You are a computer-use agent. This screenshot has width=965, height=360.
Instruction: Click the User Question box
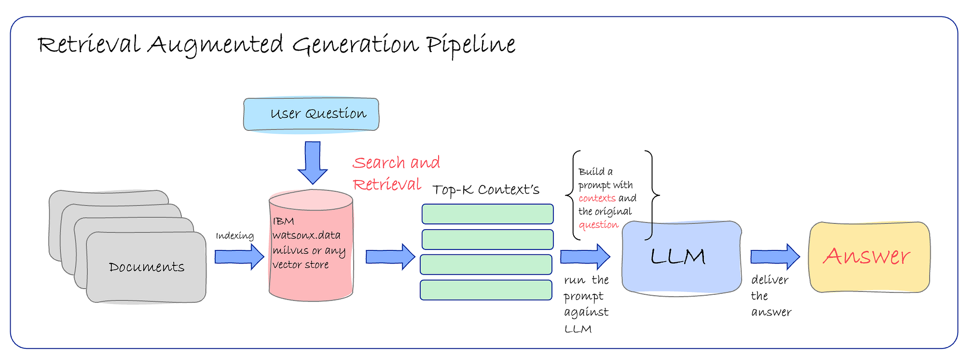(311, 114)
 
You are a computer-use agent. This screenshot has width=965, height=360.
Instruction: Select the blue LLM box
(681, 257)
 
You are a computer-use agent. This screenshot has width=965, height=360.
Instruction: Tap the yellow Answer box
(869, 257)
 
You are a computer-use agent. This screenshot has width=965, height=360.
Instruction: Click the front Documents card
(146, 267)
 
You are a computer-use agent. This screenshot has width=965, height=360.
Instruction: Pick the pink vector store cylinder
(311, 245)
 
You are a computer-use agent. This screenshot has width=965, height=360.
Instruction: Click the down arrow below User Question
(313, 163)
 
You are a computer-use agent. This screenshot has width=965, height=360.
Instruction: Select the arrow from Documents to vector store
(239, 257)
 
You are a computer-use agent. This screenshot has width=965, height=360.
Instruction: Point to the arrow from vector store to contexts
(390, 257)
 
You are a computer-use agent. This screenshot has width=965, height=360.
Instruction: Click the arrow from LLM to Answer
(775, 257)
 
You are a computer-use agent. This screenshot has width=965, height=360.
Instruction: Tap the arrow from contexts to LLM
(585, 257)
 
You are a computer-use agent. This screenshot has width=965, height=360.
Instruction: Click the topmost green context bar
(488, 214)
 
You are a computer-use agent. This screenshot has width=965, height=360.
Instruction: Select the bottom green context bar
(486, 290)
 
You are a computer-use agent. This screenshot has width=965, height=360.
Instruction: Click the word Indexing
(235, 235)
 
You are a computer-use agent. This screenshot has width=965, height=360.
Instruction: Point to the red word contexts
(597, 198)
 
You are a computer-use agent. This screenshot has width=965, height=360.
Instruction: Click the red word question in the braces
(598, 225)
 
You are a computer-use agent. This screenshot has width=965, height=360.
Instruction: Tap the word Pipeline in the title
(471, 45)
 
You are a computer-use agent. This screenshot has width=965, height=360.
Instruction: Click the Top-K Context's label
(486, 190)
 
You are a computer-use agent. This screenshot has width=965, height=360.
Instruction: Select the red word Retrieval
(387, 184)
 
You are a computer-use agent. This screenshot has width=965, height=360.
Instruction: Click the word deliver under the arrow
(770, 280)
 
